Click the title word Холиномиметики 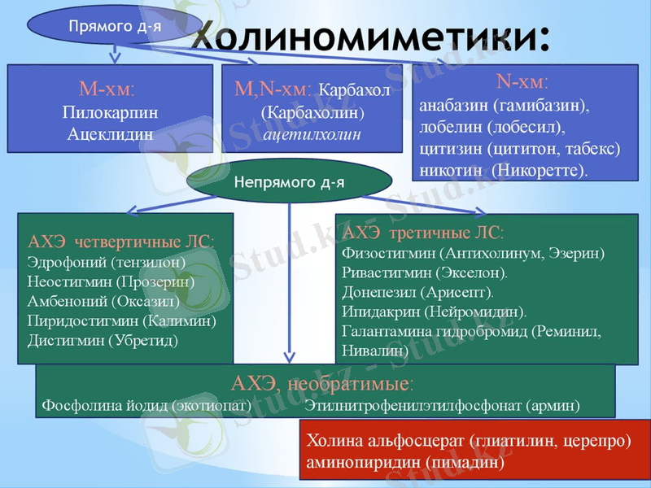pyautogui.click(x=370, y=37)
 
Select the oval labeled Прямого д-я pyautogui.click(x=113, y=26)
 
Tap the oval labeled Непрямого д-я pyautogui.click(x=289, y=181)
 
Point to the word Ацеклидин pyautogui.click(x=109, y=133)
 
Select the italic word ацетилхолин pyautogui.click(x=312, y=132)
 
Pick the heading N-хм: pyautogui.click(x=522, y=83)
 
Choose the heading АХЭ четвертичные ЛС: pyautogui.click(x=121, y=242)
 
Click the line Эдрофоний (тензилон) pyautogui.click(x=106, y=263)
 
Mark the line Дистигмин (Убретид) pyautogui.click(x=103, y=340)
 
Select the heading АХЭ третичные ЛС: pyautogui.click(x=423, y=233)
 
